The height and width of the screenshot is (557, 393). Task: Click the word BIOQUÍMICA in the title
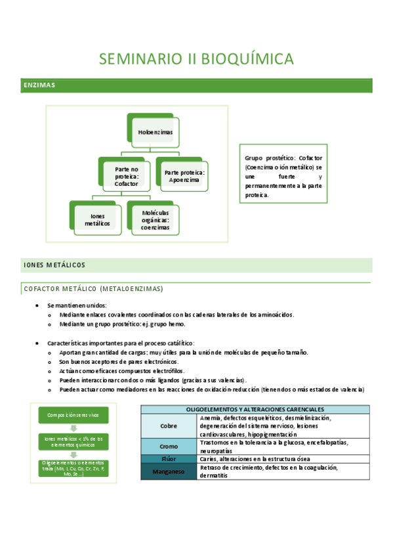[249, 59]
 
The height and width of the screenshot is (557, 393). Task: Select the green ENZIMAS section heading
[39, 85]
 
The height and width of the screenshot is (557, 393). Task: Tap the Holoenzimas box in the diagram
[155, 133]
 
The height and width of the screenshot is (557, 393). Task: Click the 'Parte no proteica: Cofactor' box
[126, 177]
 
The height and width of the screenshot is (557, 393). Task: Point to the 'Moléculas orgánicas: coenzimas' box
[155, 219]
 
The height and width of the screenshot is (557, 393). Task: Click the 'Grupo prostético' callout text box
[283, 177]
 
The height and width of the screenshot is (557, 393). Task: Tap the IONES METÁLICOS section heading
[54, 265]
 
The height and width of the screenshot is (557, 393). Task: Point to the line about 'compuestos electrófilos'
[121, 371]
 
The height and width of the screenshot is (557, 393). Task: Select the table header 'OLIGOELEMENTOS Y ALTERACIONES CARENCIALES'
[255, 409]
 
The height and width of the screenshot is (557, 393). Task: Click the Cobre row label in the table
[169, 426]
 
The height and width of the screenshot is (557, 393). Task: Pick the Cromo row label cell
[169, 446]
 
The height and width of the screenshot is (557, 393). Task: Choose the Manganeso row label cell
[169, 471]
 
